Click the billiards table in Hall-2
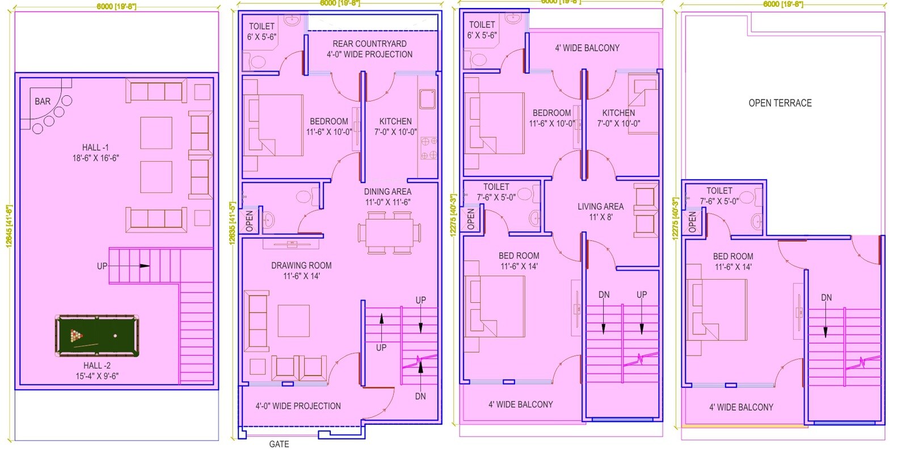[x=97, y=336]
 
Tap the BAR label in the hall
[x=43, y=102]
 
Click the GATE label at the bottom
[x=279, y=444]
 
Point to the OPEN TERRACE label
[x=780, y=103]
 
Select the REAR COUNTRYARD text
[x=369, y=44]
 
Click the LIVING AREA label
[x=600, y=207]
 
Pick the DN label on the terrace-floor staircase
[x=826, y=298]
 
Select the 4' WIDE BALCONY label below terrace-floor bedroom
[x=741, y=407]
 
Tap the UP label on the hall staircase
[x=102, y=266]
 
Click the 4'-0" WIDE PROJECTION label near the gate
[x=298, y=406]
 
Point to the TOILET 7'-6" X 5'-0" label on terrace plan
[x=719, y=196]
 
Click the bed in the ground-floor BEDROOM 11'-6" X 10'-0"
[x=274, y=125]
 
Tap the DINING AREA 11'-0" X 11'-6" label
[x=387, y=197]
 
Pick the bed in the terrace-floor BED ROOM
[x=716, y=310]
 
